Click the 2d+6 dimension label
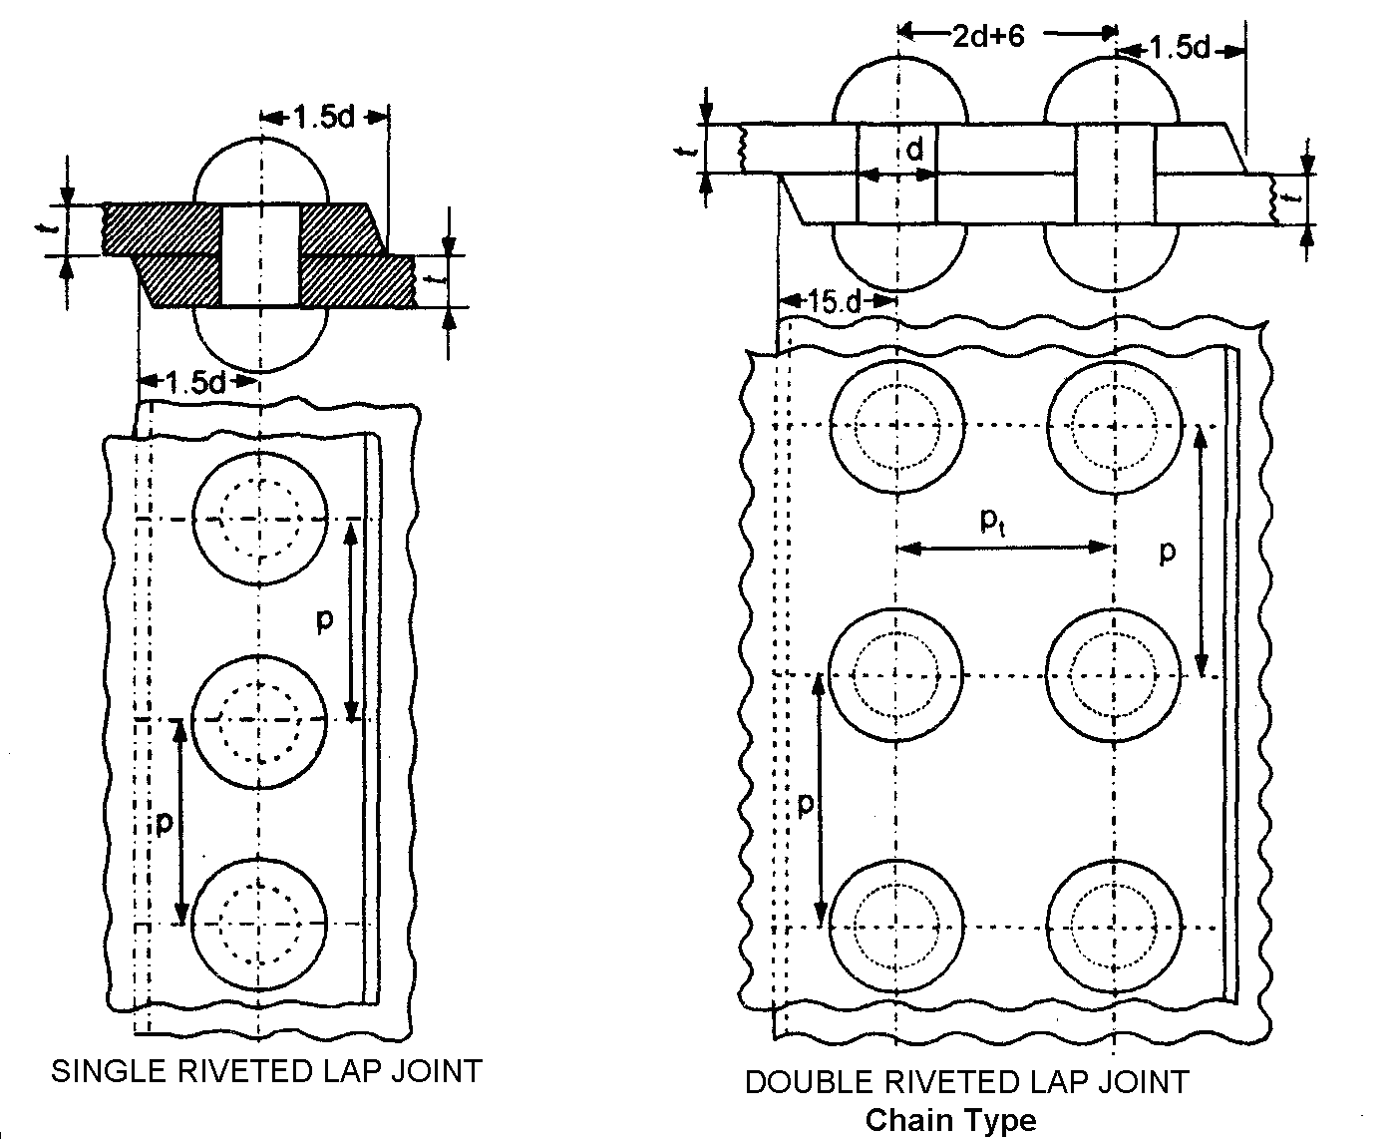click(988, 36)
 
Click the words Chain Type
click(950, 1120)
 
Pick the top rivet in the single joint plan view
click(260, 518)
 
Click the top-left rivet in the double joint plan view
click(897, 426)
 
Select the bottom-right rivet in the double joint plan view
click(1114, 928)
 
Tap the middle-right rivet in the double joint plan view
click(1114, 675)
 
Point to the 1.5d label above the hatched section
click(323, 118)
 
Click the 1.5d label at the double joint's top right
click(1180, 49)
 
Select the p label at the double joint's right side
click(1167, 552)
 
